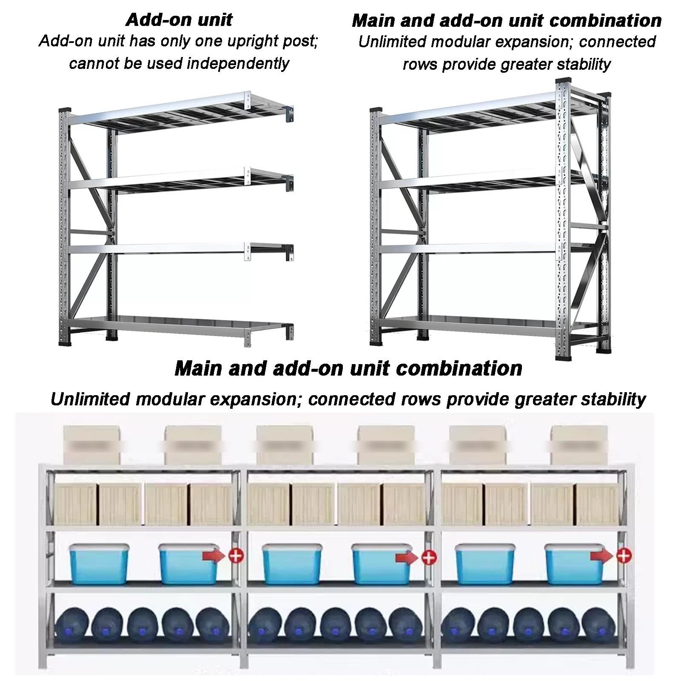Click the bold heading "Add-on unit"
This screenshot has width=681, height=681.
[179, 20]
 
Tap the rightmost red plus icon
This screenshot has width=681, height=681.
[624, 555]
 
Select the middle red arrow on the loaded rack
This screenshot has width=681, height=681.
[407, 556]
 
